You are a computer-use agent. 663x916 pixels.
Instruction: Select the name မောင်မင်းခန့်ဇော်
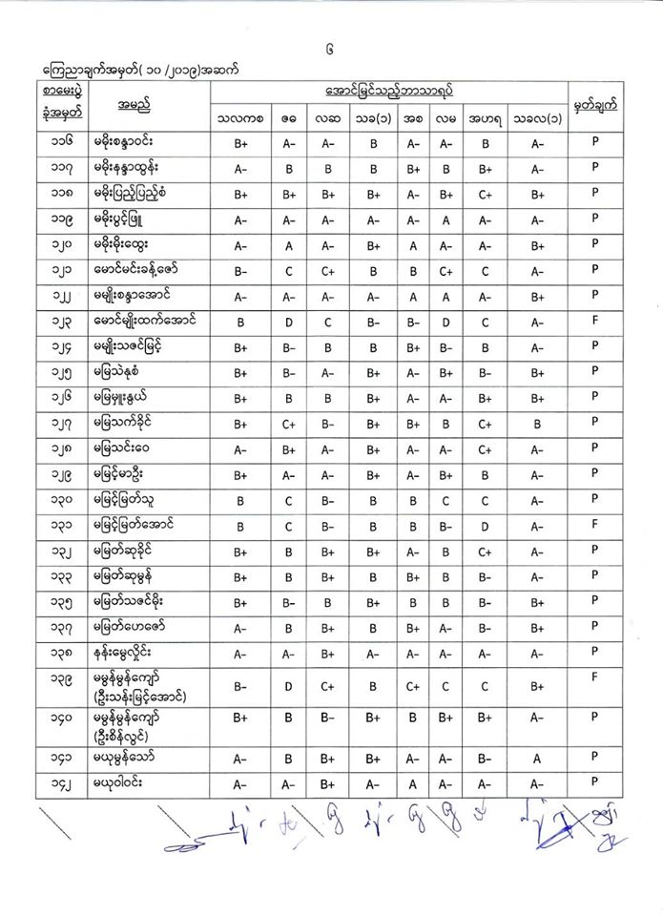click(144, 269)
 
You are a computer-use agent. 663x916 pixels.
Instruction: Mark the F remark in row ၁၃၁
click(594, 523)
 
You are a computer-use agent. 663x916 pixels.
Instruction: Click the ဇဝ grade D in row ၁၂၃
click(288, 323)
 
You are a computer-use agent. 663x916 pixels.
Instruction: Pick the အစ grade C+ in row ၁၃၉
click(414, 686)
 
